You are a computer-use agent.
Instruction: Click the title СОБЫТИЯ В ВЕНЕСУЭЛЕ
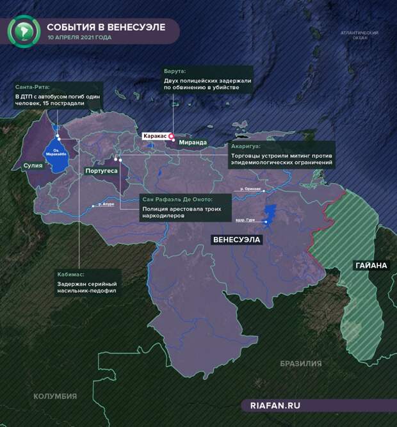click(x=106, y=27)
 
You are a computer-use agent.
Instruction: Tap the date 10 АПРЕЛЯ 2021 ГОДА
click(x=79, y=37)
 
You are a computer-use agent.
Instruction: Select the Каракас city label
click(x=155, y=136)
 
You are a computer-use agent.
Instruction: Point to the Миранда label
click(x=193, y=142)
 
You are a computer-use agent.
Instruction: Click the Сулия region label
click(x=33, y=165)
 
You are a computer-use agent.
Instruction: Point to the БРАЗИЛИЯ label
click(x=300, y=363)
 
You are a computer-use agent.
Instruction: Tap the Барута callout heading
click(x=174, y=70)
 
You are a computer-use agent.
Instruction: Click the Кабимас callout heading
click(x=71, y=274)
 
